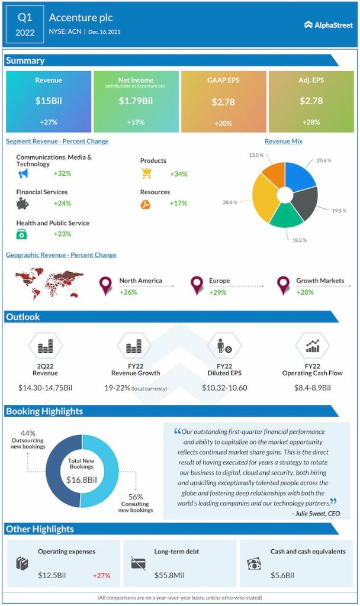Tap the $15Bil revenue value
[48, 101]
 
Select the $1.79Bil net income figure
[136, 101]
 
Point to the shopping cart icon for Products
[146, 173]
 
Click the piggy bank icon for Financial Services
[23, 204]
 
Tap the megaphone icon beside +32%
[23, 173]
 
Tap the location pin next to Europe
[197, 286]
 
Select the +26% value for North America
[128, 292]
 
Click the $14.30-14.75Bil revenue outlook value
[45, 388]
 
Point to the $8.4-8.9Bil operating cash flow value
[312, 388]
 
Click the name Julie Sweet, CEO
[316, 513]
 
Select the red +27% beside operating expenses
[101, 575]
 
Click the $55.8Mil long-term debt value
[168, 575]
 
